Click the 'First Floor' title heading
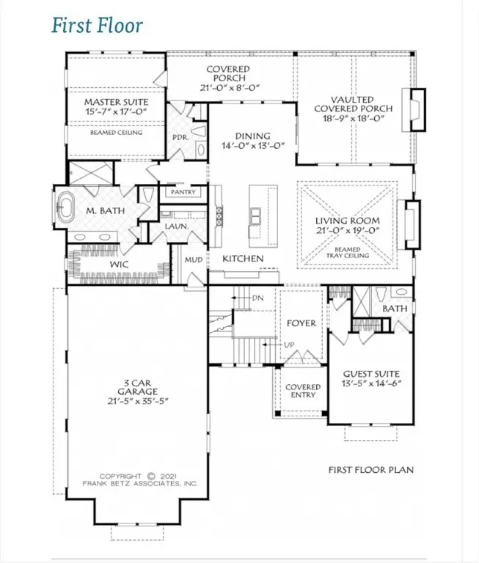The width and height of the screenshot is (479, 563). (x=97, y=26)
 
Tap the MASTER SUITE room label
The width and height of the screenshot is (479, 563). (x=116, y=102)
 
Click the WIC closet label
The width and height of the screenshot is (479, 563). (x=99, y=262)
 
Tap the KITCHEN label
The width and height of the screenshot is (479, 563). (x=243, y=259)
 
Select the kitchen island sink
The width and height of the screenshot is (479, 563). (x=256, y=216)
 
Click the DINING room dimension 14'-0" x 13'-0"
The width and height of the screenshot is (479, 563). (x=252, y=146)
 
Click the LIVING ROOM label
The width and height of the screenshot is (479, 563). (x=347, y=221)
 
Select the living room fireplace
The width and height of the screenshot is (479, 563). (x=411, y=221)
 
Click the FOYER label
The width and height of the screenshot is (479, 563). (x=301, y=323)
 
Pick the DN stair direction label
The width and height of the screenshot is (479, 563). (x=257, y=299)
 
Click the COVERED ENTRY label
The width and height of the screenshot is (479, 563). (x=302, y=391)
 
